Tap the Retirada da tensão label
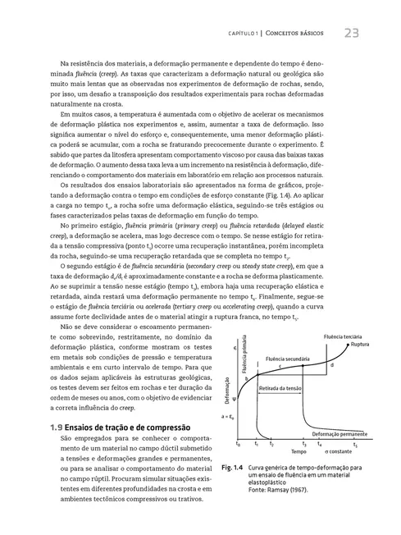[x=279, y=364]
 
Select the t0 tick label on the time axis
[x=238, y=444]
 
